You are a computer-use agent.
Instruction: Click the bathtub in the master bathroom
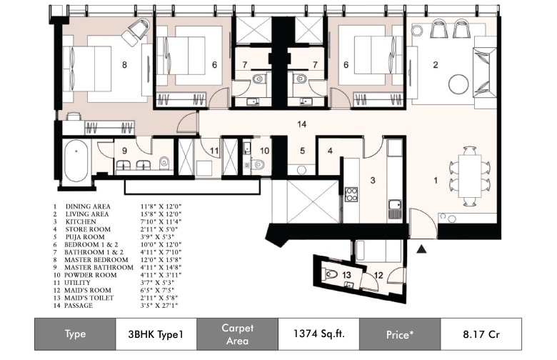click(x=76, y=161)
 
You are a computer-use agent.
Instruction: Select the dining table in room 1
click(x=470, y=176)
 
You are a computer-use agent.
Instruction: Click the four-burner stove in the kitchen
click(x=351, y=194)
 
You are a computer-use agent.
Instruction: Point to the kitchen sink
click(x=395, y=209)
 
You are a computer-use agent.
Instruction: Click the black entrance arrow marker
click(x=421, y=249)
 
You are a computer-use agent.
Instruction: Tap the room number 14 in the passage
click(x=301, y=124)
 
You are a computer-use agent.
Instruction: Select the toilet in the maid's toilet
click(x=330, y=274)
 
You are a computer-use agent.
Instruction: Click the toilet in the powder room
click(x=258, y=164)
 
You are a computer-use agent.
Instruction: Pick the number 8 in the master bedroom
click(x=124, y=65)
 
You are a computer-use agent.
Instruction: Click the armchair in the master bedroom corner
click(x=136, y=32)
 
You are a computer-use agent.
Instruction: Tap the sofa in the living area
click(x=485, y=72)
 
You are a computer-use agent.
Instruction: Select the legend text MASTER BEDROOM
click(x=96, y=260)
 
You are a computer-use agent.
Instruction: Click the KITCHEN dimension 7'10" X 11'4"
click(x=161, y=221)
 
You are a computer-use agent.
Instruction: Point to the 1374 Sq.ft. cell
click(x=318, y=334)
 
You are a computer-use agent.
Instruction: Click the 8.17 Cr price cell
click(x=481, y=334)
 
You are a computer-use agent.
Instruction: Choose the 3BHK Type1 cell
click(x=156, y=334)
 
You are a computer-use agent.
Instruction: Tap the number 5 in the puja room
click(x=302, y=151)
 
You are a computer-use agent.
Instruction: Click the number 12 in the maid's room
click(x=378, y=275)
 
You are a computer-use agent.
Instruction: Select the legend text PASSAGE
click(x=78, y=306)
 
